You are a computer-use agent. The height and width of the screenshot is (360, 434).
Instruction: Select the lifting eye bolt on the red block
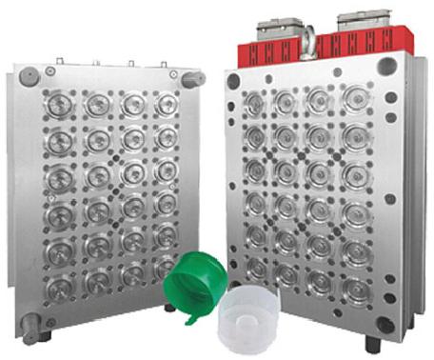coord(309,39)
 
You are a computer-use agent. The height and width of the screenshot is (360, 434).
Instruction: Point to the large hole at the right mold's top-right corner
coord(386,67)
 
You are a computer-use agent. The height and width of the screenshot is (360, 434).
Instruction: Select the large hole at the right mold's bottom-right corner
coord(385,324)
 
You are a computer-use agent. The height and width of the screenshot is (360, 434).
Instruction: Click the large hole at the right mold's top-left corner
coord(234,82)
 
